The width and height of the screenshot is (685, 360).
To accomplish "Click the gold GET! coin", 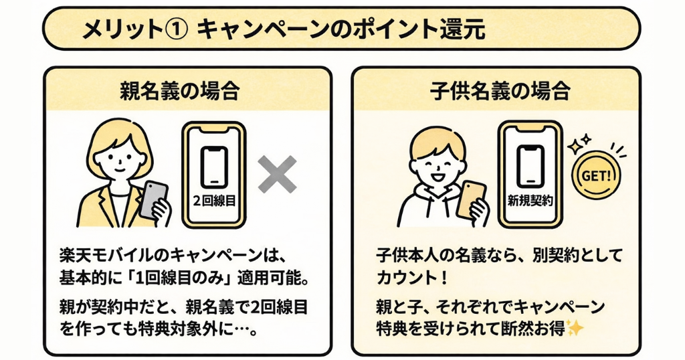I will [x=598, y=177].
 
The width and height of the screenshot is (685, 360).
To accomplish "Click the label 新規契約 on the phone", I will [x=528, y=199].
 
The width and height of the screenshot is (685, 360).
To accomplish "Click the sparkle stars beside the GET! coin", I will [x=579, y=143].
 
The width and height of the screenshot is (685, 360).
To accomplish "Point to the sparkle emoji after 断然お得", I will [x=574, y=328].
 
